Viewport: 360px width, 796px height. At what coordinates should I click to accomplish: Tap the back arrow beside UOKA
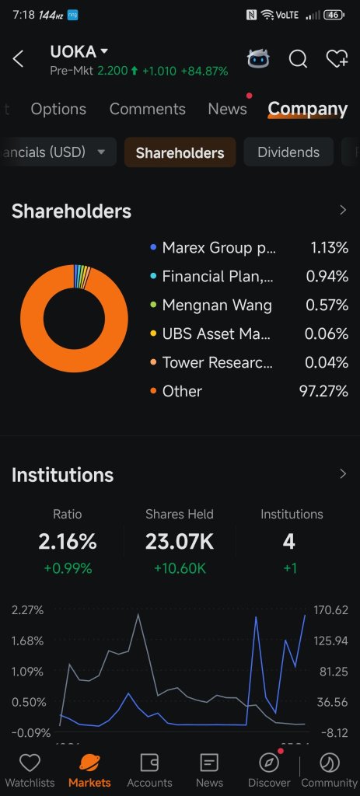click(18, 59)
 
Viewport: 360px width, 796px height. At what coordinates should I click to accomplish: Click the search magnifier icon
click(298, 59)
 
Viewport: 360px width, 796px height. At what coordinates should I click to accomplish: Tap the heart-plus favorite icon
click(337, 59)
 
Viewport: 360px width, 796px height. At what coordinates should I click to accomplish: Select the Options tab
click(58, 109)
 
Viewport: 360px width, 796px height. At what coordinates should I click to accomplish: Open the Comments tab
click(147, 109)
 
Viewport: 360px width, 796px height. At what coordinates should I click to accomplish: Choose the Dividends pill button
click(288, 152)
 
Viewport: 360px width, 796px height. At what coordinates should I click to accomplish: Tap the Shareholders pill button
click(180, 152)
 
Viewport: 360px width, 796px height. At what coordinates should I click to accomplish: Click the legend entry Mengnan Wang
click(217, 305)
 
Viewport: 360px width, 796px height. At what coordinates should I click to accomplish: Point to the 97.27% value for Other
click(324, 392)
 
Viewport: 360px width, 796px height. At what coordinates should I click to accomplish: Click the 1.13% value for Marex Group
click(330, 248)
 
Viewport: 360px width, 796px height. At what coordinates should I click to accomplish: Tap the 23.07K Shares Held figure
click(180, 542)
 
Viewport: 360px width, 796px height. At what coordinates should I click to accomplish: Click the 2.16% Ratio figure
click(68, 542)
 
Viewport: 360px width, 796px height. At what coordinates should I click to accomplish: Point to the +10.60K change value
click(180, 568)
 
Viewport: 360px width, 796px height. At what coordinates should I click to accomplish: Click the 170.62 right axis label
click(331, 609)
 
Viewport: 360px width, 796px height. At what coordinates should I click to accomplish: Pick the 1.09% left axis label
click(27, 672)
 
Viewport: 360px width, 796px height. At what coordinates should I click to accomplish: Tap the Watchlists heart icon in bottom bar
click(30, 763)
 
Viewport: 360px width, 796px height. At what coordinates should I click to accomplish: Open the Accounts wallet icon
click(149, 763)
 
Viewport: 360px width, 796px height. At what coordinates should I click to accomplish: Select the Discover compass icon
click(269, 763)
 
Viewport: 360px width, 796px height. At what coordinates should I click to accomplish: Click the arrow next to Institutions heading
click(343, 473)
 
